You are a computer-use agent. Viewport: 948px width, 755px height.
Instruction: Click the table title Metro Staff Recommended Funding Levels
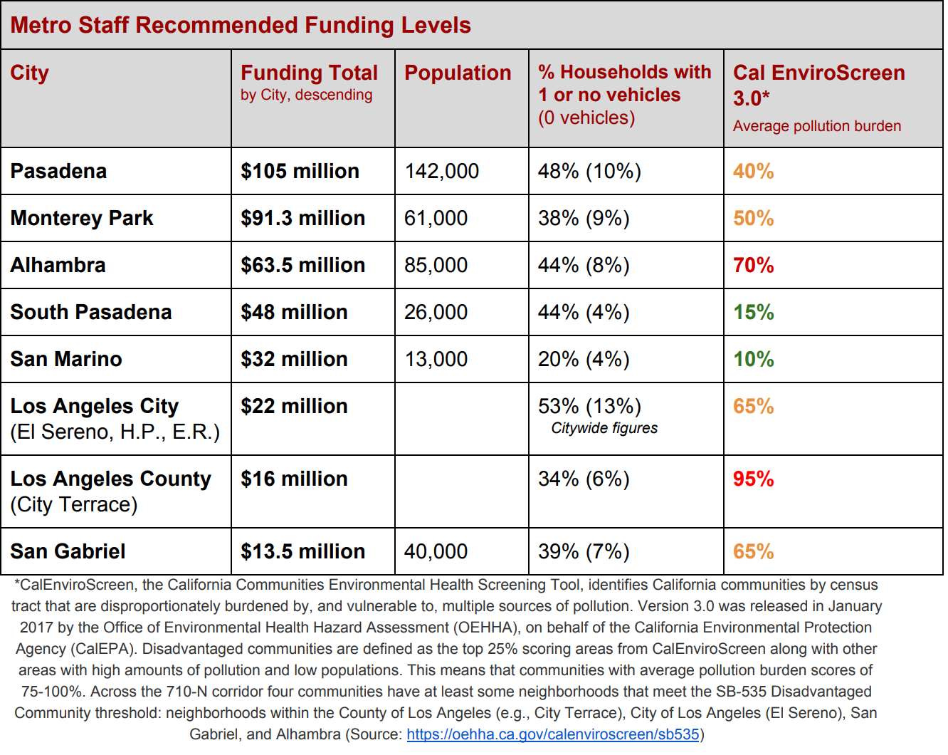tap(241, 25)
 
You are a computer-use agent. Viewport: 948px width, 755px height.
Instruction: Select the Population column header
tap(458, 73)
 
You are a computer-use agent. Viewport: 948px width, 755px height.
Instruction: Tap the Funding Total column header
tap(310, 73)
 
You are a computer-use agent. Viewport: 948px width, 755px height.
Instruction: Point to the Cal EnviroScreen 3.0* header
tap(818, 85)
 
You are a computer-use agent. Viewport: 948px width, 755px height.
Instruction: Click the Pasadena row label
tap(58, 171)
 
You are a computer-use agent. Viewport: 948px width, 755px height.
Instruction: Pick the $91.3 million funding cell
tap(302, 218)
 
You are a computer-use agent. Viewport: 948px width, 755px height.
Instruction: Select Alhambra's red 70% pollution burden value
tap(753, 266)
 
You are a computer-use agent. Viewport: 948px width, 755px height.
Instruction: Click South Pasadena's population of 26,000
tap(436, 313)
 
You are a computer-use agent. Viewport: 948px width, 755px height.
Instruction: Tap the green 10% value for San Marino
tap(753, 360)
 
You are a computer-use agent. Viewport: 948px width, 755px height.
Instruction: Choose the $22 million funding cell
tap(294, 406)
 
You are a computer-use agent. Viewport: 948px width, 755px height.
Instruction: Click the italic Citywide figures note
tap(604, 428)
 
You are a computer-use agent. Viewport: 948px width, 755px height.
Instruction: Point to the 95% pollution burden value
tap(753, 479)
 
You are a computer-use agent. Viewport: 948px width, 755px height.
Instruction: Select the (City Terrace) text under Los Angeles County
tap(73, 504)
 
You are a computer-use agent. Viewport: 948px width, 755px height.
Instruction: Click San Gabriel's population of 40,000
tap(436, 552)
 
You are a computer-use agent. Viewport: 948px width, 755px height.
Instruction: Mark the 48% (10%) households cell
tap(589, 171)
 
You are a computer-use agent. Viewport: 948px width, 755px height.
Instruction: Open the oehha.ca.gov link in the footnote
tap(553, 734)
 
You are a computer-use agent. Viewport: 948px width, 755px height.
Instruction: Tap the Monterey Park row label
tap(82, 218)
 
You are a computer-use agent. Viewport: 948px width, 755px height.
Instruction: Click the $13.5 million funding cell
tap(302, 552)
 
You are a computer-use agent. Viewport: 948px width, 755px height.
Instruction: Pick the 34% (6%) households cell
tap(584, 479)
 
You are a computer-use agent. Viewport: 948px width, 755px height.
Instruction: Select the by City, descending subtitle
tap(306, 95)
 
